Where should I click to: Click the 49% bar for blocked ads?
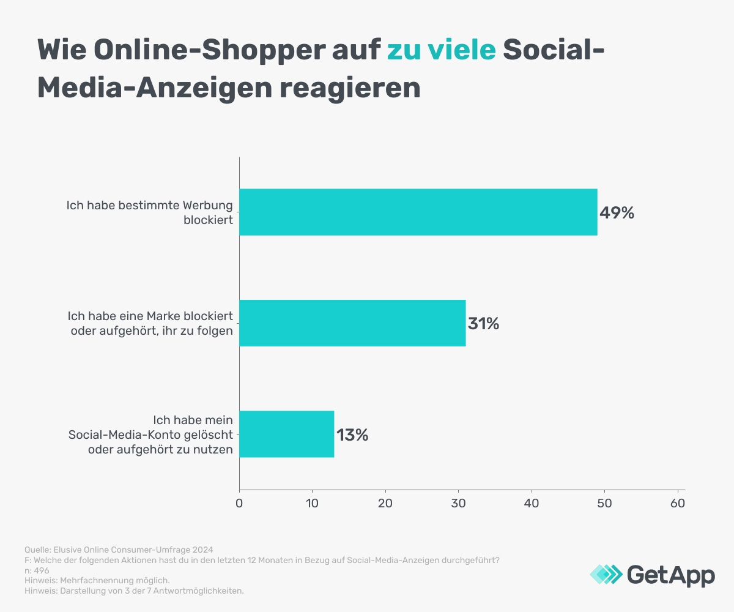[418, 212]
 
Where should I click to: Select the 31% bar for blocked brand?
[352, 323]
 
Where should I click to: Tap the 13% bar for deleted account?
[286, 434]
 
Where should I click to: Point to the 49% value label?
[617, 213]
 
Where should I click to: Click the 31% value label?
[483, 324]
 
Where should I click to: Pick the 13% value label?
[352, 435]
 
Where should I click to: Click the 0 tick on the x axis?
[239, 503]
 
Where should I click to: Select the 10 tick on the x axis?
[312, 503]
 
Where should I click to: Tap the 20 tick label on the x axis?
[385, 503]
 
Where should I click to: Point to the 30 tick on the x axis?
[458, 503]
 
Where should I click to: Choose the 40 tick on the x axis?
[532, 503]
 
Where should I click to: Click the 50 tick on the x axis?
[604, 503]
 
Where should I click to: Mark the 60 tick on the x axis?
[678, 503]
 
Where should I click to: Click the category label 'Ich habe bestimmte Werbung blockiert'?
[150, 212]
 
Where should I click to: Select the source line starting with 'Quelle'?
[119, 550]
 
